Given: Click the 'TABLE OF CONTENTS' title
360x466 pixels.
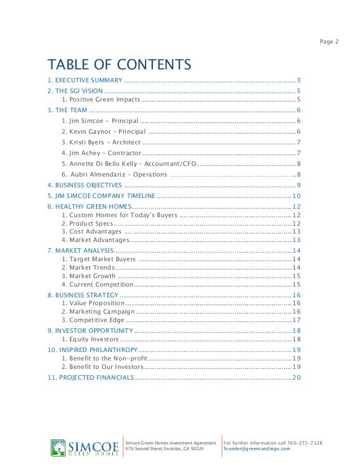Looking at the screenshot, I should [x=119, y=62].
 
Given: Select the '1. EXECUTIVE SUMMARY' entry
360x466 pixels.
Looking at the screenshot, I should [x=85, y=80].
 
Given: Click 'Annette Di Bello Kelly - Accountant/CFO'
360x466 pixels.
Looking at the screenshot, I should [x=129, y=164].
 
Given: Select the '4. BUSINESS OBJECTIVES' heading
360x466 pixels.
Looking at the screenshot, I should [x=84, y=185].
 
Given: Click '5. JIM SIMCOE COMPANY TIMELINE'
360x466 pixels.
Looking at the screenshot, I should [x=101, y=196].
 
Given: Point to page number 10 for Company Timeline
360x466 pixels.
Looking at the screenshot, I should [x=296, y=196].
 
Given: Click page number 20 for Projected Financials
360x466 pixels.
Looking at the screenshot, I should [x=296, y=377].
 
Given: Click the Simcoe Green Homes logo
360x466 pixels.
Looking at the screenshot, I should [x=84, y=448].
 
